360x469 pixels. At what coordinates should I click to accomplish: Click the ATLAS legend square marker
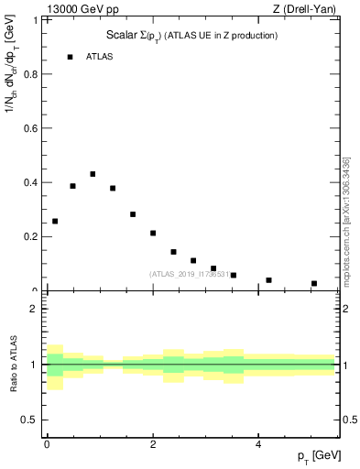[x=70, y=57]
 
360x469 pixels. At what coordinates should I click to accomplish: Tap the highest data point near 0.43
[x=93, y=174]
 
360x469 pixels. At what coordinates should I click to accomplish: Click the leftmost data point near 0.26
[x=55, y=221]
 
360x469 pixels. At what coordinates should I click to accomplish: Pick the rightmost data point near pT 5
[x=314, y=283]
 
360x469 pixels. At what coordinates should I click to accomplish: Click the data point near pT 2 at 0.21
[x=153, y=233]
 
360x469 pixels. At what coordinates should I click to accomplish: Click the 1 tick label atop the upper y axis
[x=36, y=20]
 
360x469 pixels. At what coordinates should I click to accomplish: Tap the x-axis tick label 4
[x=258, y=444]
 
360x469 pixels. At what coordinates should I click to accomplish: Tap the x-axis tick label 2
[x=152, y=444]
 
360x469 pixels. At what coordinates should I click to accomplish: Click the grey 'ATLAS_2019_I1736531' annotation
[x=190, y=274]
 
